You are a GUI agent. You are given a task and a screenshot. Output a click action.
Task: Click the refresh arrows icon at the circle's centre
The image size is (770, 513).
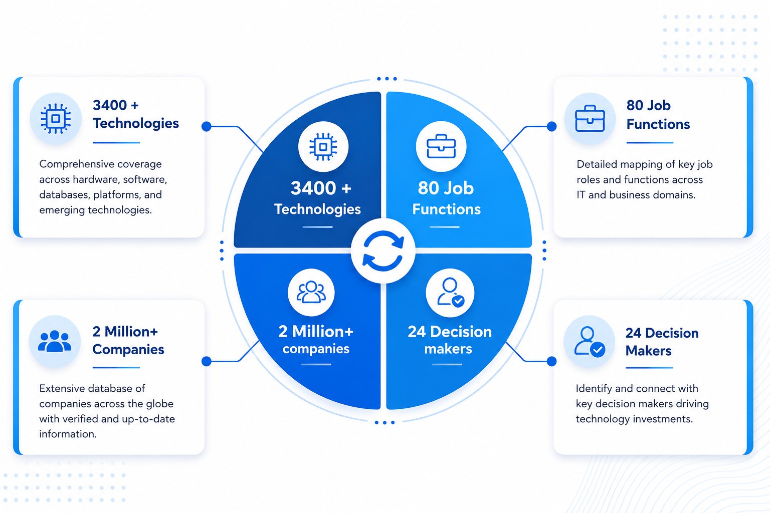click(383, 251)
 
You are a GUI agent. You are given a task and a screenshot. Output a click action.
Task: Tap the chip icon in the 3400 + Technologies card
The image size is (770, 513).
click(55, 119)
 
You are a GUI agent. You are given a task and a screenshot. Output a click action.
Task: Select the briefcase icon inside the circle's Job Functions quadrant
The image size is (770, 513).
click(441, 146)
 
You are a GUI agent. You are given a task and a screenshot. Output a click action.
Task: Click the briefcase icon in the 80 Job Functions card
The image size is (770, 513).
click(590, 119)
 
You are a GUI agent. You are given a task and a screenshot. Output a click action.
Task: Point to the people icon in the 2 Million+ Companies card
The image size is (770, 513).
click(55, 341)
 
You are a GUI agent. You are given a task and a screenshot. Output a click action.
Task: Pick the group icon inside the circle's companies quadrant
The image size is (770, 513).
click(311, 293)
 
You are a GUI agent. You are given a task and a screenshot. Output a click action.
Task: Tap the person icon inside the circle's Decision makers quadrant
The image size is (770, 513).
click(450, 292)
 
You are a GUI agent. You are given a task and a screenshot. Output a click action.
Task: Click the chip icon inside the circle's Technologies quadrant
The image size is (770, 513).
click(323, 147)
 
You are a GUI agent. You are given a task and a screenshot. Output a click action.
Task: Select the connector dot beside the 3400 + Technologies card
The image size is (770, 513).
click(206, 126)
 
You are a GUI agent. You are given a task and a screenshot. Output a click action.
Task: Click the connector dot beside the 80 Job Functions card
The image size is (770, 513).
click(552, 126)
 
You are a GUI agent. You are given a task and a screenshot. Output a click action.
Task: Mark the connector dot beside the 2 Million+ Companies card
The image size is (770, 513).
click(206, 361)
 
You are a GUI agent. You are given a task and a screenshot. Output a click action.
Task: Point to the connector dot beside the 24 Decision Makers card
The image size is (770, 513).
click(552, 361)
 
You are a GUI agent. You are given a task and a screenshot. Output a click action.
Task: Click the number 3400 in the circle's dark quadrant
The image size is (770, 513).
click(313, 188)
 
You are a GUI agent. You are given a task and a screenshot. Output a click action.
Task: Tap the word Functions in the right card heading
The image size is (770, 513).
click(658, 124)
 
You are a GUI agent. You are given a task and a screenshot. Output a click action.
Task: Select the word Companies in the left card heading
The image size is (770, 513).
click(128, 350)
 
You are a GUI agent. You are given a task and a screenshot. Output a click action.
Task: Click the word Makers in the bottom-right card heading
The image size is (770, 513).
click(648, 351)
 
